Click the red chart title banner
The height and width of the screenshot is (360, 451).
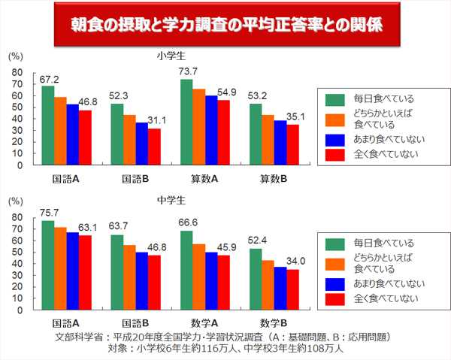(225, 25)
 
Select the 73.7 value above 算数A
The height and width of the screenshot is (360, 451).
(187, 71)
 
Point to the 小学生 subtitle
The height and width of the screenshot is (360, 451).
(170, 56)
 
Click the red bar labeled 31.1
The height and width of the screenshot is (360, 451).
(154, 146)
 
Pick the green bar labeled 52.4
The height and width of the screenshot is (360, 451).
(256, 280)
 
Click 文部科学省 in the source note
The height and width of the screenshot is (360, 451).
(80, 337)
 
